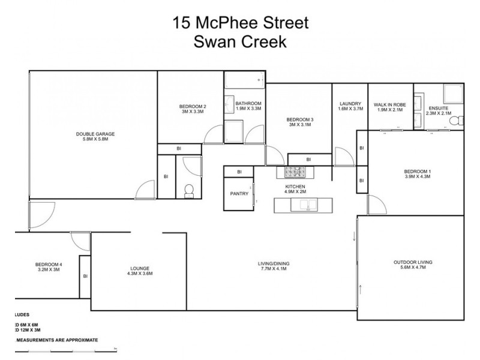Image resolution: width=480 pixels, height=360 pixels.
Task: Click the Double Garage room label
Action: point(95,134)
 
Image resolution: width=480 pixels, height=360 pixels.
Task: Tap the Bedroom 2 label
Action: point(194,107)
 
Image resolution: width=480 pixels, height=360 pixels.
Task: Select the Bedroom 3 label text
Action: point(300,119)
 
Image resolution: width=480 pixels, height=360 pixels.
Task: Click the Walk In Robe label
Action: point(389,104)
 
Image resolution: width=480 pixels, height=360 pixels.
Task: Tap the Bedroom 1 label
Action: point(418,172)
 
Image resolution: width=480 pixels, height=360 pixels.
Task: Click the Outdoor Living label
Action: point(413,263)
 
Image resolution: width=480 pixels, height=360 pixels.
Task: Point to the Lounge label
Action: point(140,268)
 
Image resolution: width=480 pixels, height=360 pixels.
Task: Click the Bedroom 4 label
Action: point(49,265)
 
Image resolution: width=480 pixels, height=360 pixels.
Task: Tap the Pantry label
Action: point(239,194)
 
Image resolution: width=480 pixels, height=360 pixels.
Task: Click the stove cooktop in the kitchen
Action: point(295,172)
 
